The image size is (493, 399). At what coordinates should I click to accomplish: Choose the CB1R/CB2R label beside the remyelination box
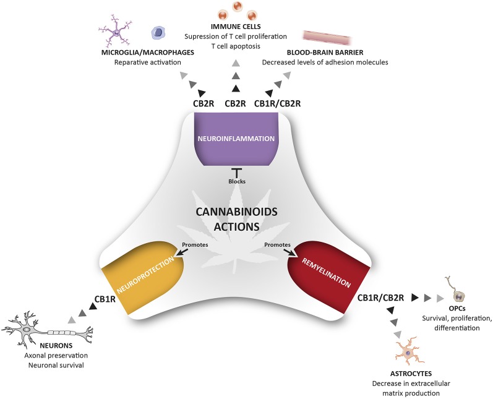pos(381,298)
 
